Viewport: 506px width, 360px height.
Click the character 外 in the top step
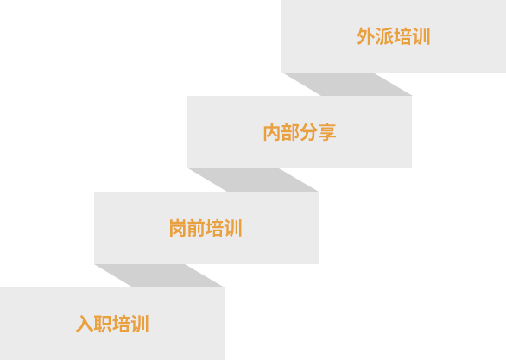click(366, 36)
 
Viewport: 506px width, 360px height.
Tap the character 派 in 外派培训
click(384, 36)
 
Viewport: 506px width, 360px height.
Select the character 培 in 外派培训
click(402, 36)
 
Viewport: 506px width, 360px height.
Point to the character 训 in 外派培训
click(421, 36)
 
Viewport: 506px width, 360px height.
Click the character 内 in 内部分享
click(272, 132)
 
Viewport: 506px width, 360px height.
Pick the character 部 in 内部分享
click(290, 132)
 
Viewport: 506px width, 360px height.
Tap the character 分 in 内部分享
click(308, 132)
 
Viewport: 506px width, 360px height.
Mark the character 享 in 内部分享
click(327, 132)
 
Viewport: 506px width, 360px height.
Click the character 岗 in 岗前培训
click(178, 228)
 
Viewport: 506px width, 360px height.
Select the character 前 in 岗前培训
click(196, 228)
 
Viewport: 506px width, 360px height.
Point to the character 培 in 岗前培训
click(215, 228)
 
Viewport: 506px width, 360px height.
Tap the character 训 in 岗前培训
click(233, 228)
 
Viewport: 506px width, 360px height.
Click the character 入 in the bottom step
click(85, 324)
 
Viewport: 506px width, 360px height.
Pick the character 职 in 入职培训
click(103, 324)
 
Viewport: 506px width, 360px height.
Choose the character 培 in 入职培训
click(121, 324)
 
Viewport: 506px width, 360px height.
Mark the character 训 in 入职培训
click(140, 324)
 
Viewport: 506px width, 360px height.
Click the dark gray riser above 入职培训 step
click(159, 275)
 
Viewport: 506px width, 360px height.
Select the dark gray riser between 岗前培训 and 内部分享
click(253, 180)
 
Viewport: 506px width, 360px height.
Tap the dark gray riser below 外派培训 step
click(347, 84)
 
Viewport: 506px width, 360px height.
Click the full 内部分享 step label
click(300, 132)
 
